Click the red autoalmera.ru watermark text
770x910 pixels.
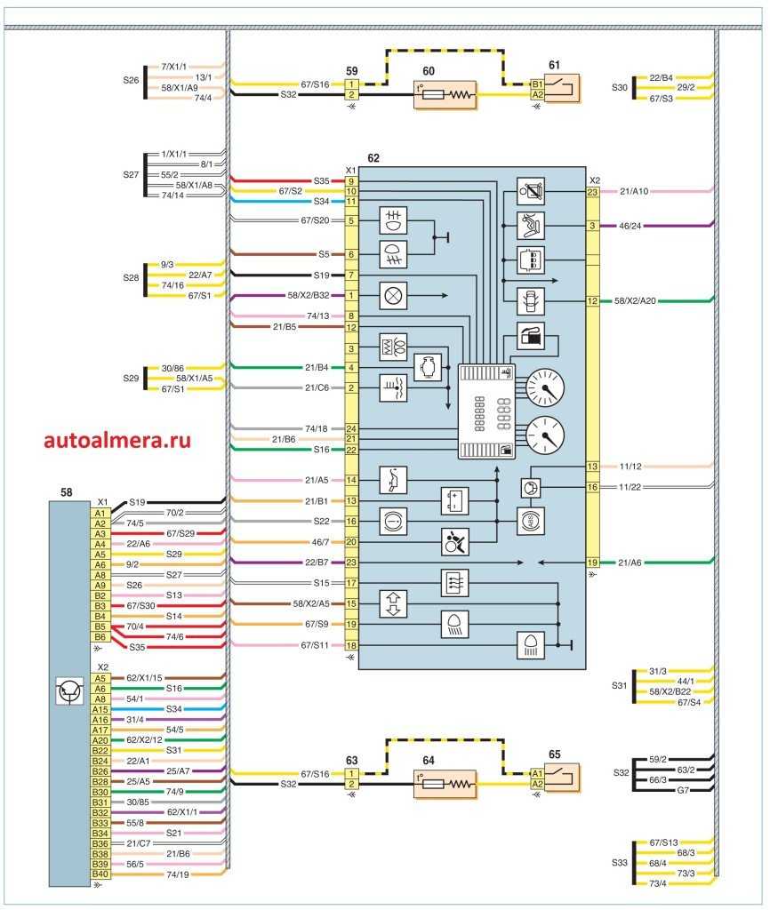coord(116,439)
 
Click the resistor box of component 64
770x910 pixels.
coord(445,784)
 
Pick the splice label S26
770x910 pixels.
coord(131,79)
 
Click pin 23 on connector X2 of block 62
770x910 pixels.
coord(592,191)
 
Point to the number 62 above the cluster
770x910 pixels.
coord(374,157)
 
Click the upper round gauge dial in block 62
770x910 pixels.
coord(544,388)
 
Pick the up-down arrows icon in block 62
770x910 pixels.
coord(392,604)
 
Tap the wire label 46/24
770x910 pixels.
coord(630,227)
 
